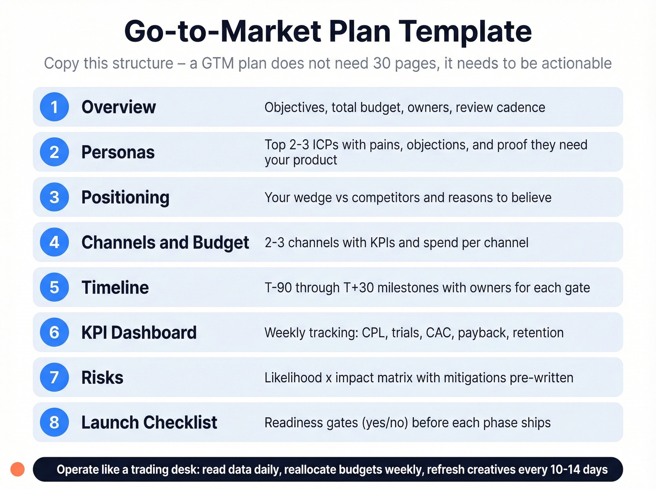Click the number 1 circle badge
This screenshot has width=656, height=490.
pos(54,107)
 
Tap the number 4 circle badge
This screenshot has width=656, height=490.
pos(54,242)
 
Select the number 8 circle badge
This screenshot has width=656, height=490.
pos(54,422)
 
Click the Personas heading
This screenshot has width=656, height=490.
pos(118,152)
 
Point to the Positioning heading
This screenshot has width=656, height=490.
pos(125,197)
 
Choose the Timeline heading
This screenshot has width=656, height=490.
pos(115,287)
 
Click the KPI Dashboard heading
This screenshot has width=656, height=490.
pos(139,332)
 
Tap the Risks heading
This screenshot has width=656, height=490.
pos(102,377)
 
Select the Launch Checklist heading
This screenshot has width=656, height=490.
pos(149,422)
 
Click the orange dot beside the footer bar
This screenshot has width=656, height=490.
pos(17,469)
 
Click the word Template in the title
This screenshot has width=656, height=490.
pos(465,31)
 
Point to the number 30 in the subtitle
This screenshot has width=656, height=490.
pos(382,63)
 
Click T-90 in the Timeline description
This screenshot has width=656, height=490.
pos(278,287)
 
